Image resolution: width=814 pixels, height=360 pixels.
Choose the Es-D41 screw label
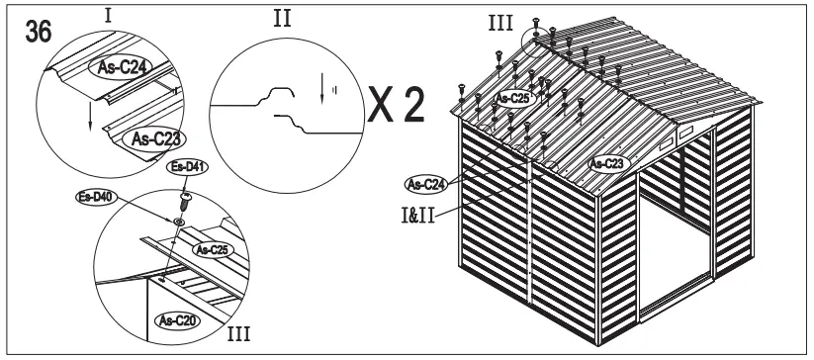click(185, 167)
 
